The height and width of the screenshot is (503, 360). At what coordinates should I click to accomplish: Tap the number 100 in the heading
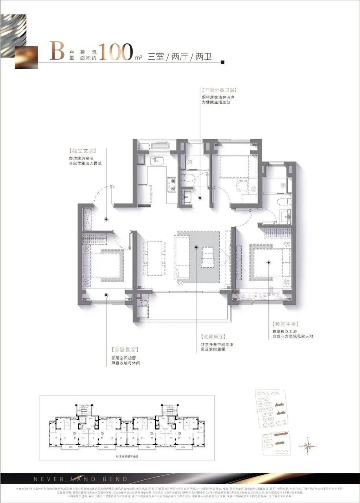point(116,52)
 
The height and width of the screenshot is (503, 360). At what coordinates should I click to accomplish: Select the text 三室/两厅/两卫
point(180,57)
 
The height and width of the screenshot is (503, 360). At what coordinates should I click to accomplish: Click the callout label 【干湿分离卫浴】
point(220,90)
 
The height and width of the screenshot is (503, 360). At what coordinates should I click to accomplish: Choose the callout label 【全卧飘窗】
point(125,349)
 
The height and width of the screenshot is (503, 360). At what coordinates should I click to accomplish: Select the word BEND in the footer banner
point(117,479)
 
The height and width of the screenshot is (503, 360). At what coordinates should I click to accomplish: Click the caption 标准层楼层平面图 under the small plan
point(127,457)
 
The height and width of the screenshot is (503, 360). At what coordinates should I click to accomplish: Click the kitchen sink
point(157,160)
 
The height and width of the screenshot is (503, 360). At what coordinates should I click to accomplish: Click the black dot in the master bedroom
point(269,262)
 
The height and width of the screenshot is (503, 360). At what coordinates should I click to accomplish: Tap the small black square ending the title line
point(223,62)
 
